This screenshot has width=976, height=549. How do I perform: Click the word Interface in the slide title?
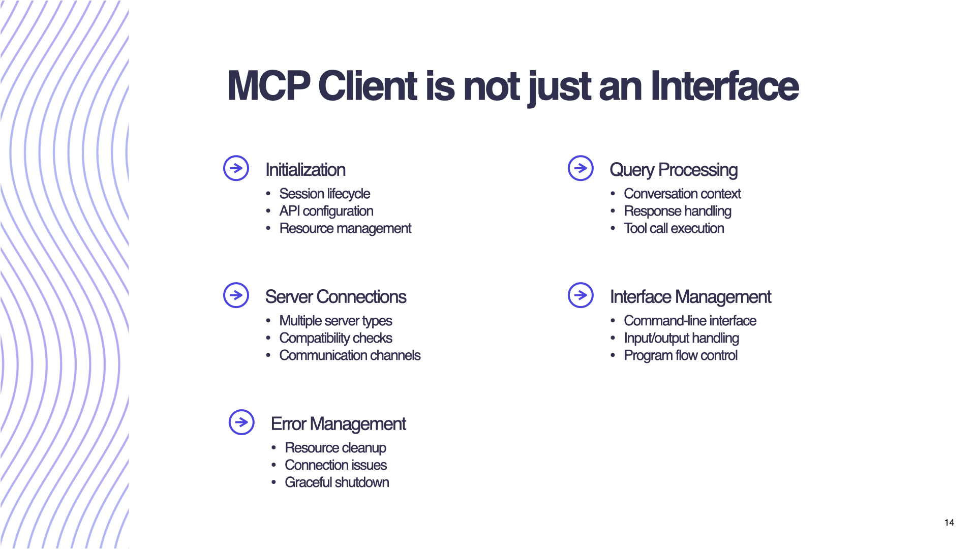pos(724,86)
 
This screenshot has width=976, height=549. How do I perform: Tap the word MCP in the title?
pos(268,86)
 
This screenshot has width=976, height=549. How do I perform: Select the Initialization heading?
pos(306,170)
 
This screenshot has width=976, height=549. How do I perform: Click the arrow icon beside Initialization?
pos(236,168)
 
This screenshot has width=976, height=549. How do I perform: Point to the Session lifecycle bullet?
pos(324,194)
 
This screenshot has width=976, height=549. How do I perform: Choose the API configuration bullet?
pos(326,211)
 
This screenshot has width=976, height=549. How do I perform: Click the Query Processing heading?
pos(674,170)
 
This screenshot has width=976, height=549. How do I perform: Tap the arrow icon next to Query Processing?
pos(581,168)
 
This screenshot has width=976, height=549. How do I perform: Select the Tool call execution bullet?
pos(674,228)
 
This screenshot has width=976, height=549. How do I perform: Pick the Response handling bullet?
pos(677,211)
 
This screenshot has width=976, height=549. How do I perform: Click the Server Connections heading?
pos(335,297)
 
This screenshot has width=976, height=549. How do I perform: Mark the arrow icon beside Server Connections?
pos(236,295)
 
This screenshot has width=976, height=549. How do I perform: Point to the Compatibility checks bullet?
pos(335,338)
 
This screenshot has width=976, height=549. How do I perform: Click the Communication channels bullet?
pos(350,355)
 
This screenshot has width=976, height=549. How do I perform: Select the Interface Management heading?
pos(690,297)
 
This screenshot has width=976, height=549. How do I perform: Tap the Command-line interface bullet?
pos(690,321)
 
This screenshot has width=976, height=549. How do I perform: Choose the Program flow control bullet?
pos(680,355)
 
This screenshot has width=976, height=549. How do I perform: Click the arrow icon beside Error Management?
pos(241,422)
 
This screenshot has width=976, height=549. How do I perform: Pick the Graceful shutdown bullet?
pos(337,482)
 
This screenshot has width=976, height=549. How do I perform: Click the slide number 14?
pos(949,523)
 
